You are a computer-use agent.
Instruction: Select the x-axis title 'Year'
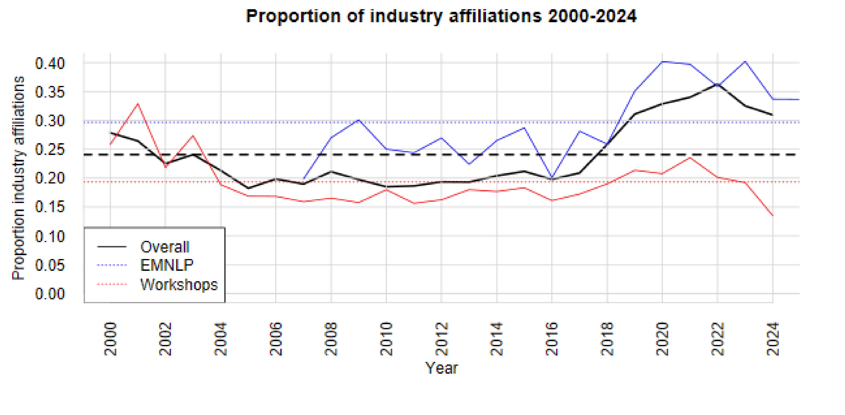click(441, 368)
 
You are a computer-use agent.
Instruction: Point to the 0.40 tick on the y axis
click(50, 63)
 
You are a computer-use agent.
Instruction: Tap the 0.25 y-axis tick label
click(50, 150)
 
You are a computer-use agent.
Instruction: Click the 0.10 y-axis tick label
click(50, 236)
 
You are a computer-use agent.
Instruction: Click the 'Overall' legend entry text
click(165, 247)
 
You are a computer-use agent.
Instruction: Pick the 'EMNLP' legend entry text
click(167, 265)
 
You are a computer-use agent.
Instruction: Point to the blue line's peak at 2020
click(662, 61)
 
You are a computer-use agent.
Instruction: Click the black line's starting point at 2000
click(111, 133)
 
